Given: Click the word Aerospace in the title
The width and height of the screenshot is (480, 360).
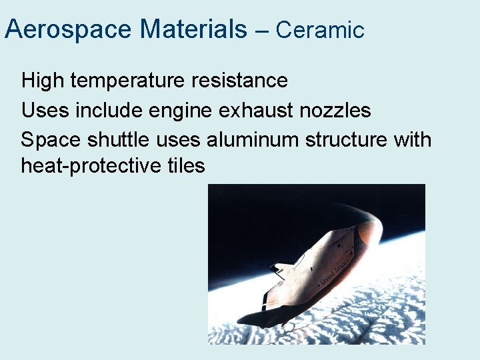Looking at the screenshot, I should click(69, 29).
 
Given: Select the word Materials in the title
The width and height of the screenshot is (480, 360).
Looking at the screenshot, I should click(193, 29).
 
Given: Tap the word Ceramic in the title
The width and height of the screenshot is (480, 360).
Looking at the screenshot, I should click(320, 30).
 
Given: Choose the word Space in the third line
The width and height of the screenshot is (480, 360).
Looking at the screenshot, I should click(49, 140).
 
